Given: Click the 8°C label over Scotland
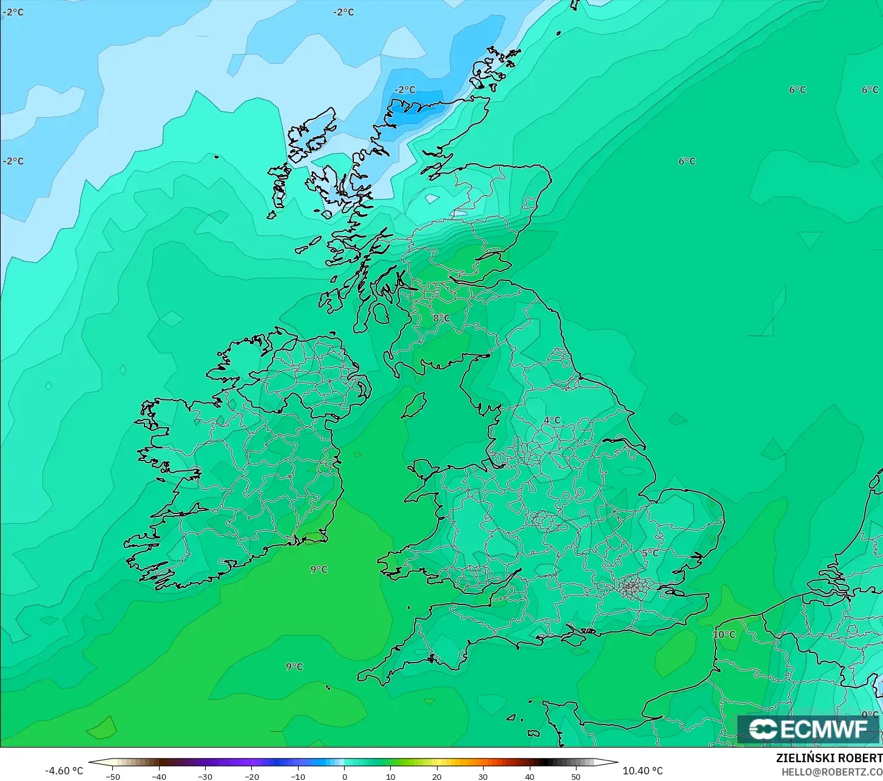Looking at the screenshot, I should (x=441, y=318).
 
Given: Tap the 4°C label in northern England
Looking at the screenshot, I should (x=552, y=421).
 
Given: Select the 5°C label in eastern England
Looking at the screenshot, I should (x=650, y=553).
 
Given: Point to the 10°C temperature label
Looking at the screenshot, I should (x=724, y=635).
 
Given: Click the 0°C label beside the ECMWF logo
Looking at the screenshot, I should (x=870, y=715).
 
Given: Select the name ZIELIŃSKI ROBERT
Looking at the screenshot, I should (x=829, y=759).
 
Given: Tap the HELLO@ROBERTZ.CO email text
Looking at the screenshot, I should (x=832, y=772).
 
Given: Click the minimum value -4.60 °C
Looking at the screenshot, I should (x=64, y=771).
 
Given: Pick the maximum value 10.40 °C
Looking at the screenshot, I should (x=643, y=771).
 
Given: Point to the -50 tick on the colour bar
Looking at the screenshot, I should (x=112, y=777).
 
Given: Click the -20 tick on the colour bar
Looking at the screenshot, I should (x=251, y=777).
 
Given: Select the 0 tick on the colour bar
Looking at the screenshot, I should (x=344, y=777).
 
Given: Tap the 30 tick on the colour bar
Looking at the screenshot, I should (x=483, y=777).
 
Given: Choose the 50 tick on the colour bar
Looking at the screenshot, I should (x=576, y=777).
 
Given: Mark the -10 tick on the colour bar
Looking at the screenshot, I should (x=297, y=777).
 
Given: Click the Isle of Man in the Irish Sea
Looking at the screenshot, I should (x=414, y=405).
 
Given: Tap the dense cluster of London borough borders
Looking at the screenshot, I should (x=632, y=587).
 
